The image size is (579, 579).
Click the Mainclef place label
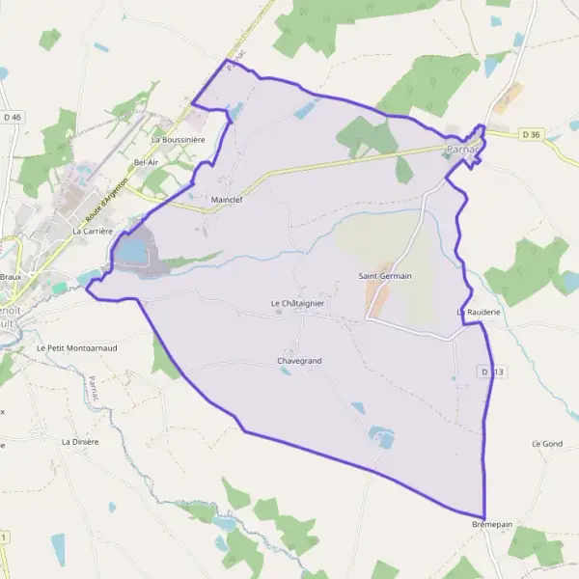pos(227,200)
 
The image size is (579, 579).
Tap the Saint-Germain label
pos(385,276)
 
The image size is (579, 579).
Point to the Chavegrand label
pos(298,361)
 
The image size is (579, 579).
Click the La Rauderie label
pos(478,313)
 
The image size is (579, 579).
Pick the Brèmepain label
pos(490,525)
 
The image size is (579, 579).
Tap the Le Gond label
pos(546,443)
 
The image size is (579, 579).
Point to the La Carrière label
pos(94,232)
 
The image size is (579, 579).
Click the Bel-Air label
pos(147,162)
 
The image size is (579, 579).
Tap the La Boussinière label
pos(178,140)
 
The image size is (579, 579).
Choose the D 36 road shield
pos(527,133)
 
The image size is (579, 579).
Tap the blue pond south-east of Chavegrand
pos(382,437)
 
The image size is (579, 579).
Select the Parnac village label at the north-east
pos(461,150)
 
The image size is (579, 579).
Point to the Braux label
pos(11,276)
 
